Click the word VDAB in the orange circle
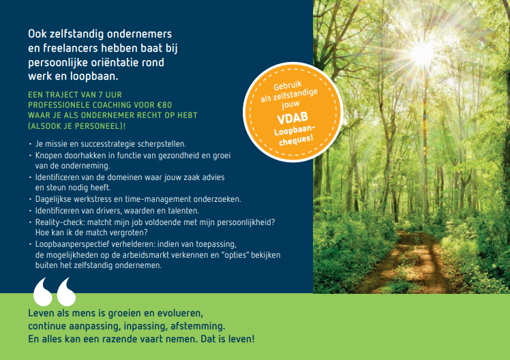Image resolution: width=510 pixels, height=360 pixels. click(292, 118)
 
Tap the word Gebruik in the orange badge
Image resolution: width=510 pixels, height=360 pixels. click(288, 85)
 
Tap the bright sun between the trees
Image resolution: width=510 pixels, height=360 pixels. click(423, 52)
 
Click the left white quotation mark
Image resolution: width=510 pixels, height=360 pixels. click(43, 292)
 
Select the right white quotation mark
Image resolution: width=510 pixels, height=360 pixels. click(66, 292)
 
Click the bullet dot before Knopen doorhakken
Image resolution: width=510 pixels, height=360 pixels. click(30, 155)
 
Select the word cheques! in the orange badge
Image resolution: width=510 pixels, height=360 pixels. click(296, 140)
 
